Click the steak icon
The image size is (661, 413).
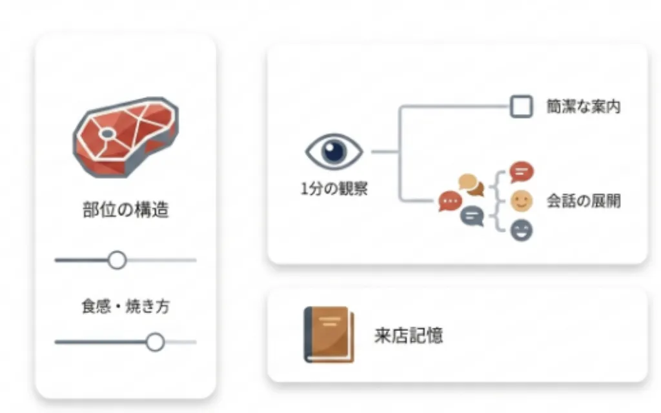[x=126, y=137]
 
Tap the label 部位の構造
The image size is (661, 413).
[x=126, y=210]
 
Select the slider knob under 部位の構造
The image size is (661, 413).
[x=117, y=260]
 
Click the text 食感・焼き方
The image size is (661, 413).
[x=126, y=307]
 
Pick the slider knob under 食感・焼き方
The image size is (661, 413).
[x=155, y=342]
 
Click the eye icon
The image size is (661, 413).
[x=334, y=152]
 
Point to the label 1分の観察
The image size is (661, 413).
[x=334, y=188]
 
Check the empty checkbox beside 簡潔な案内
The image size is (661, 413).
[x=521, y=106]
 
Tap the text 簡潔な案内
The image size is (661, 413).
[x=584, y=106]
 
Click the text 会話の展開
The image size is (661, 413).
[x=584, y=201]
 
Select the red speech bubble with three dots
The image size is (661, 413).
[x=450, y=201]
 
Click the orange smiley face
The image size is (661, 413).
[x=522, y=201]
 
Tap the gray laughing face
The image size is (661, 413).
[x=522, y=230]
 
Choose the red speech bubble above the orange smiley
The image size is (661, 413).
[x=522, y=172]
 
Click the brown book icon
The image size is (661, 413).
[x=329, y=335]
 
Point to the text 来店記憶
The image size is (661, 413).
[x=409, y=336]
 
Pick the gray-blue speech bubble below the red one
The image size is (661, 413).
[x=472, y=216]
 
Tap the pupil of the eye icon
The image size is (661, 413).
[x=334, y=151]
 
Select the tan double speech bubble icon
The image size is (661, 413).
[x=471, y=185]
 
